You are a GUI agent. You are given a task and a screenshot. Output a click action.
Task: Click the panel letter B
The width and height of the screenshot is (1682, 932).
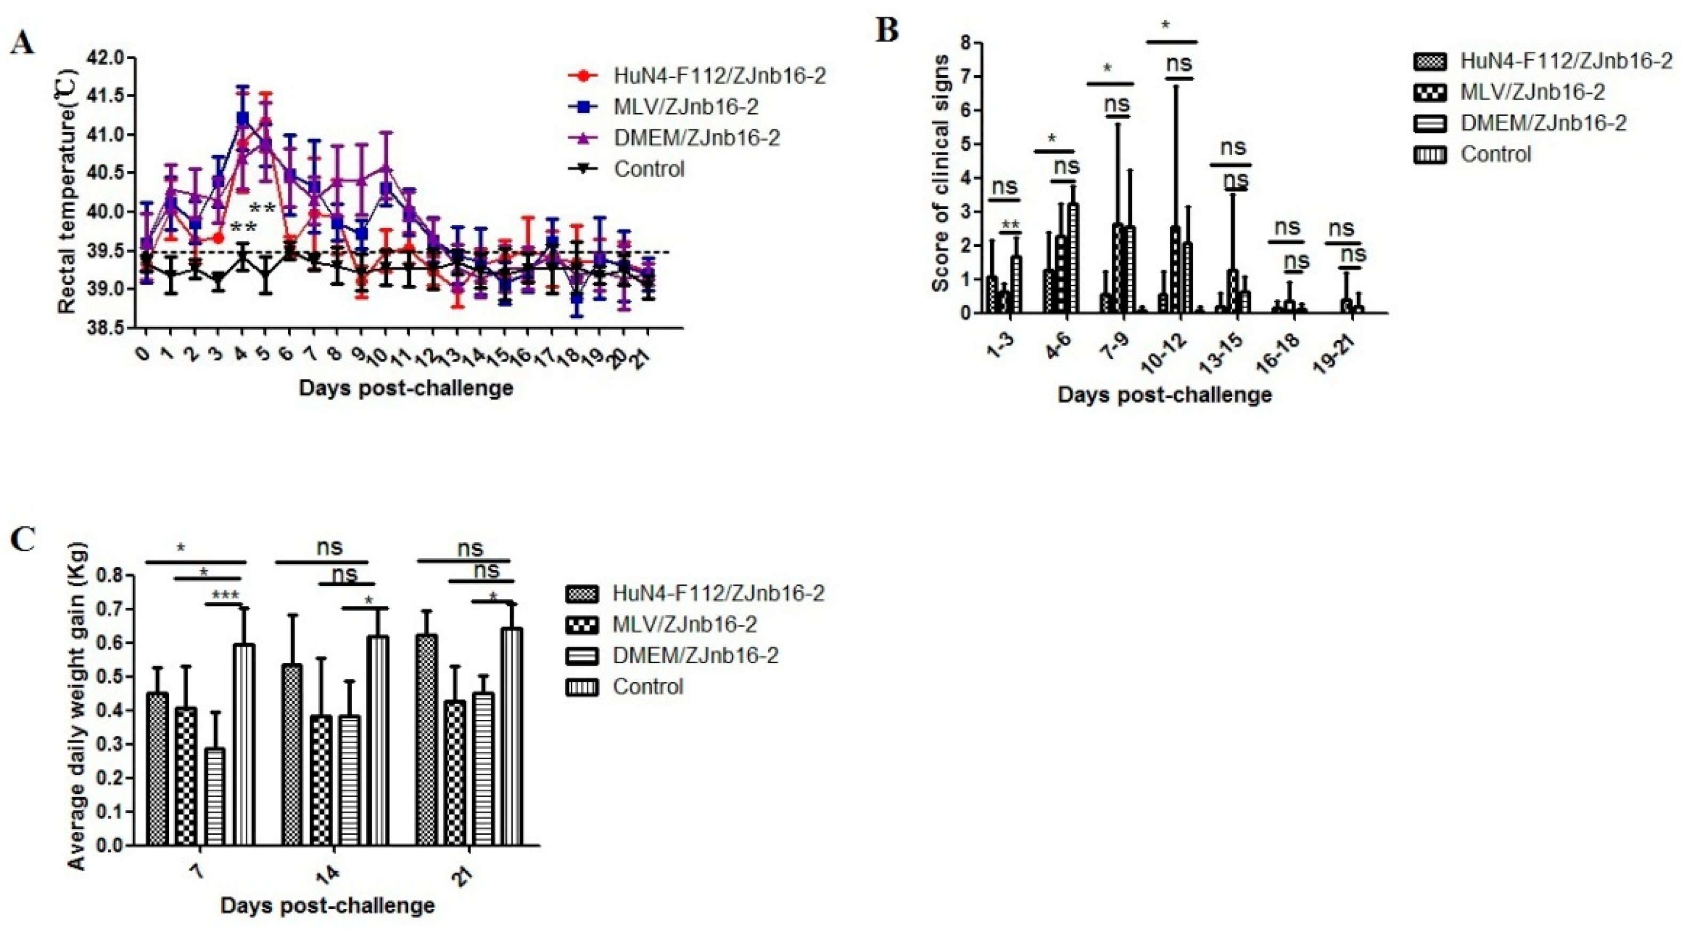click(x=887, y=30)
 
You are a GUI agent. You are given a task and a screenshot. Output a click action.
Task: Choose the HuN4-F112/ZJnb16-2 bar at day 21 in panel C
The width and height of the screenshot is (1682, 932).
click(x=427, y=738)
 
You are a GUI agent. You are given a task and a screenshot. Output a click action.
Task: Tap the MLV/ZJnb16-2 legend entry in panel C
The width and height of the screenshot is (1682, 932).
click(x=684, y=624)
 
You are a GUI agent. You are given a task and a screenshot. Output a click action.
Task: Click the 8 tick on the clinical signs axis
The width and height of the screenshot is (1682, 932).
click(x=965, y=43)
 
